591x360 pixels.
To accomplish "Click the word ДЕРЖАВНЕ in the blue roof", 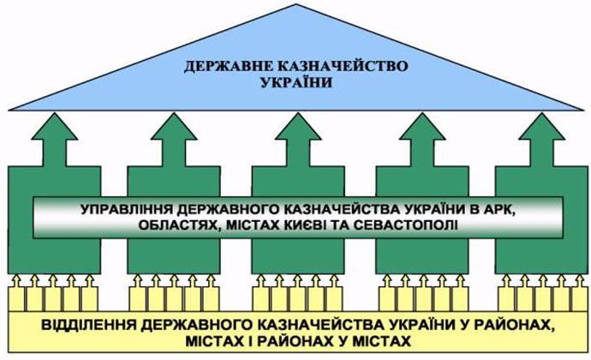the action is click(229, 67).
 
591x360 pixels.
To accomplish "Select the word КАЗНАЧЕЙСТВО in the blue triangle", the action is click(343, 66).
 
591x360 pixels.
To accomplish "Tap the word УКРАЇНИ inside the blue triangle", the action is click(296, 82).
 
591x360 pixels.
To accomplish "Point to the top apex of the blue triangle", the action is click(295, 4).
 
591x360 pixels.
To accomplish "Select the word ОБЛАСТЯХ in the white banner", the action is click(176, 225).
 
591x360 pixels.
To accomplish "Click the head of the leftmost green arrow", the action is click(55, 126).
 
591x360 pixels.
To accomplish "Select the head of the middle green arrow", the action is click(298, 126).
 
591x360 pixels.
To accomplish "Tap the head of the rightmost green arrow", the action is click(542, 126).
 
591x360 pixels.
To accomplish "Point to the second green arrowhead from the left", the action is click(174, 126).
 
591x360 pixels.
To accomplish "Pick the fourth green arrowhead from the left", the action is click(422, 126).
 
